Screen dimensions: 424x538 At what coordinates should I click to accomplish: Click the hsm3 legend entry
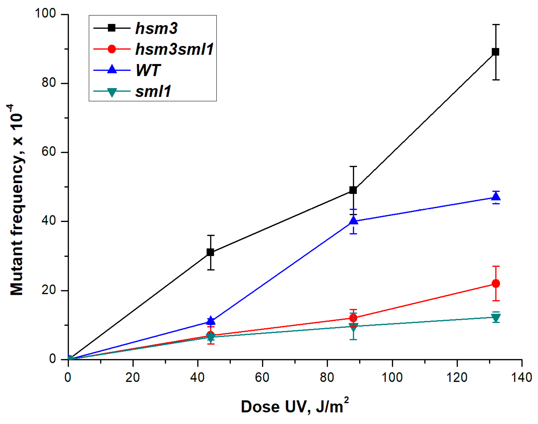(156, 28)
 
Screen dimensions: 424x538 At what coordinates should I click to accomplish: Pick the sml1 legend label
(153, 91)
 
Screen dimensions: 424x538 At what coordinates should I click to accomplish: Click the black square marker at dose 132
(495, 52)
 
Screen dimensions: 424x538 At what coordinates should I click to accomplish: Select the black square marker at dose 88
(353, 190)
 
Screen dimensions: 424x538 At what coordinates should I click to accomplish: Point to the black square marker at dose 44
(210, 252)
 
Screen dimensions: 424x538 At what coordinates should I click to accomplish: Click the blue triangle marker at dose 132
(496, 197)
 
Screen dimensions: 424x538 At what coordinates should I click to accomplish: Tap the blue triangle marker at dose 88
(353, 221)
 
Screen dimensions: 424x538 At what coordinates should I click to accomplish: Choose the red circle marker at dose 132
(496, 283)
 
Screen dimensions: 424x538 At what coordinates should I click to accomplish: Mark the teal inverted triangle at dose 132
(496, 317)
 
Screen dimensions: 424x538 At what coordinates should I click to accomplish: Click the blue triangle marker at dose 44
(210, 320)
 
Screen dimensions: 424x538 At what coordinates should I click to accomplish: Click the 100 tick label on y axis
(45, 13)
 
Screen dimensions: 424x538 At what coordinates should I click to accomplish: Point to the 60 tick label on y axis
(49, 152)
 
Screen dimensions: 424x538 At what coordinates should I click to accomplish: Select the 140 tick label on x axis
(521, 377)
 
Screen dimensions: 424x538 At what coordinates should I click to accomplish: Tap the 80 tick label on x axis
(327, 377)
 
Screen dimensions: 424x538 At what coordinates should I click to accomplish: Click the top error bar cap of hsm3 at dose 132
(496, 25)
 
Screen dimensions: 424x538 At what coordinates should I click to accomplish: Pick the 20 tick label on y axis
(49, 290)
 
